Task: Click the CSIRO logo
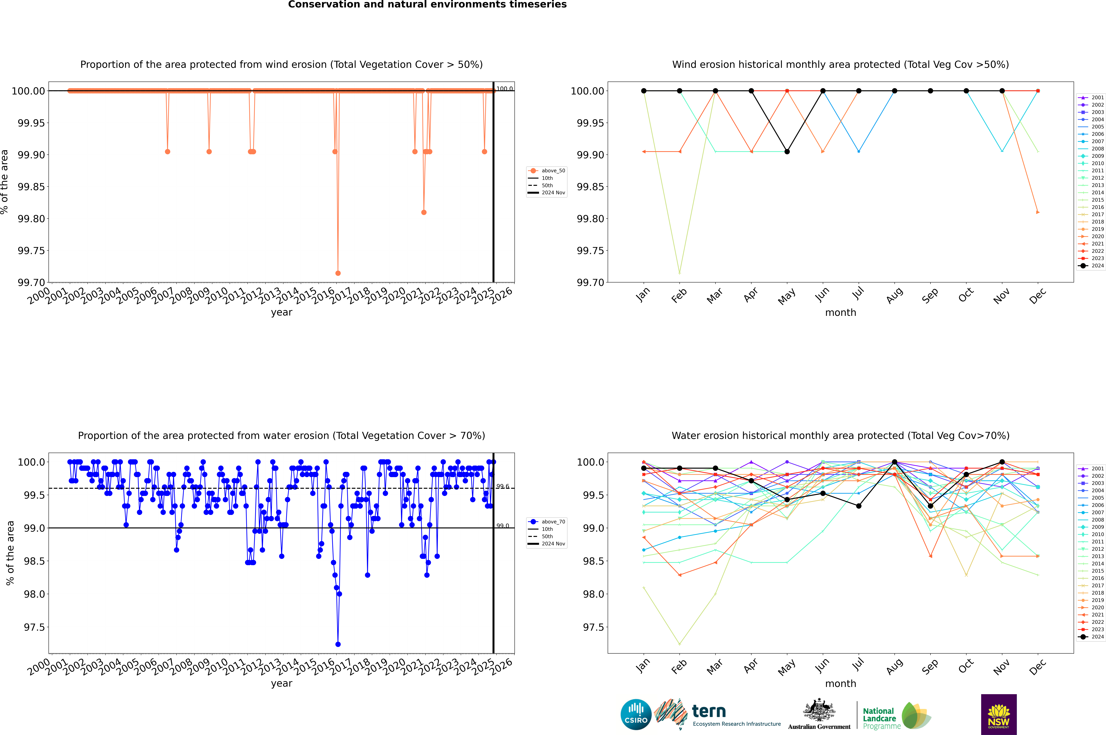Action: click(636, 714)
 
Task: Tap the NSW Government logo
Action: click(999, 714)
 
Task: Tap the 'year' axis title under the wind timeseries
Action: click(281, 312)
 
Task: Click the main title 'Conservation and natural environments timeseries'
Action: click(427, 5)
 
